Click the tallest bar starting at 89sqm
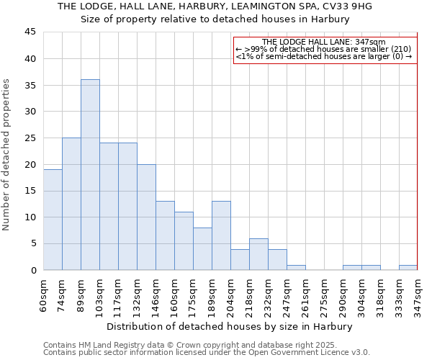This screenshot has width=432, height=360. tap(90, 175)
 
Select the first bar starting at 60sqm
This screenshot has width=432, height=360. tap(53, 220)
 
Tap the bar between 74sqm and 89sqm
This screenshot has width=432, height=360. tap(71, 204)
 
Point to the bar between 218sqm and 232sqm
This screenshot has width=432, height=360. tap(258, 254)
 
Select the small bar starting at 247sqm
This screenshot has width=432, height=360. tap(296, 268)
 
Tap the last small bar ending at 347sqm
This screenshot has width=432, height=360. tap(408, 268)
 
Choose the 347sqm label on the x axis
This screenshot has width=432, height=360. tap(418, 294)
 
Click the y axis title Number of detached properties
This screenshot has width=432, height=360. tap(7, 155)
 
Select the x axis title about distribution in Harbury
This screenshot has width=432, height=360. tap(230, 327)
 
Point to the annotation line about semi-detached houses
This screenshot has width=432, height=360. tap(324, 56)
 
